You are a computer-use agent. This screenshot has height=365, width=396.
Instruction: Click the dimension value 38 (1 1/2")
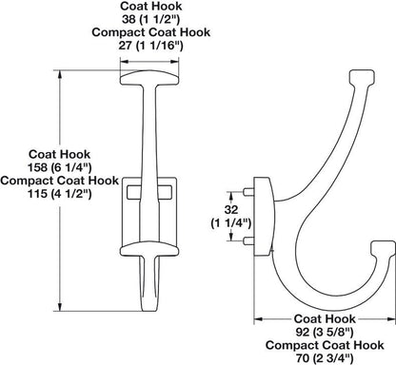tap(151, 18)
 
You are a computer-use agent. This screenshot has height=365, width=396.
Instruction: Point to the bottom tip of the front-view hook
tap(151, 306)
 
